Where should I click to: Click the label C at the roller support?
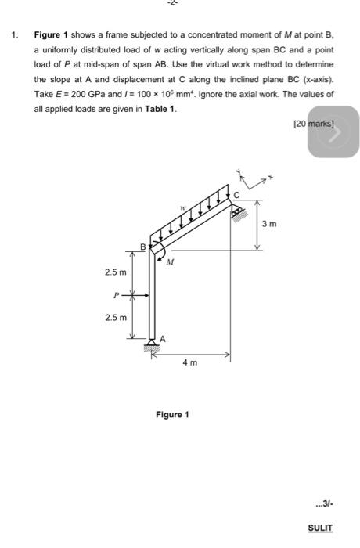pos(233,193)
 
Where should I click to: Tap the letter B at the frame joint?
pos(142,247)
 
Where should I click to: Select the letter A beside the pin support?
pos(163,338)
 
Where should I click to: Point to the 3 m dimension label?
pos(268,224)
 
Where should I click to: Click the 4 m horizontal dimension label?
pos(189,363)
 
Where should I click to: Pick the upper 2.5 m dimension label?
pos(115,272)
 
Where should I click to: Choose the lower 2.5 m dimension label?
pos(115,316)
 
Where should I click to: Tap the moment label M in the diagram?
pos(169,263)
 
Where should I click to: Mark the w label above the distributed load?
pos(182,208)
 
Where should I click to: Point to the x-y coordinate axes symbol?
pos(252,179)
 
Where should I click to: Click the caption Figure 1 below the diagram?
pos(172,414)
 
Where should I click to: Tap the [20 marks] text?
pos(310,124)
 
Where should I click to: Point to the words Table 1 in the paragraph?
pos(161,108)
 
